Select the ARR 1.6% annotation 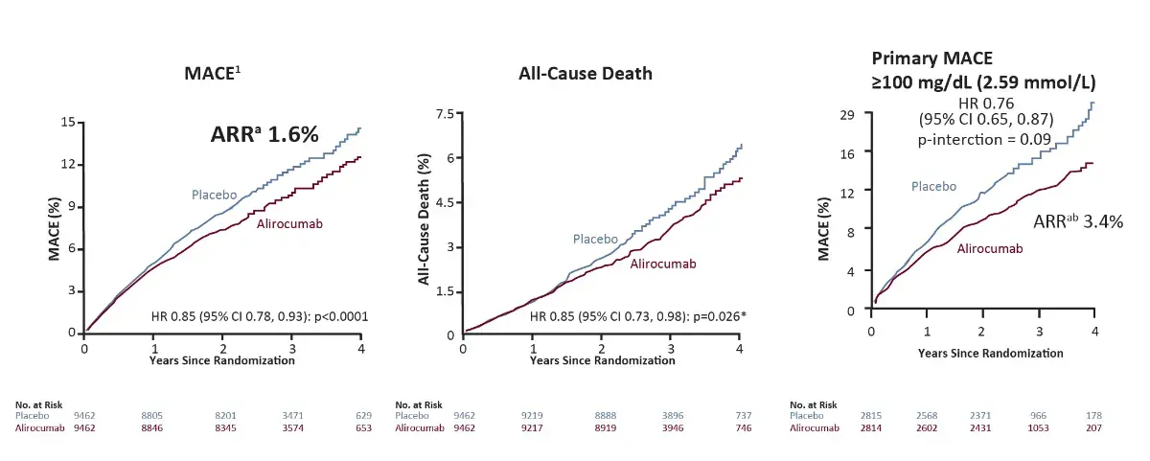click(264, 135)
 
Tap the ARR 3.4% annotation click(1078, 221)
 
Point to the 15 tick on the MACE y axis click(67, 122)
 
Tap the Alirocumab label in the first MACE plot click(288, 225)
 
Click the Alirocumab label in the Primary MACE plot click(990, 248)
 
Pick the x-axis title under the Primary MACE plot click(990, 352)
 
